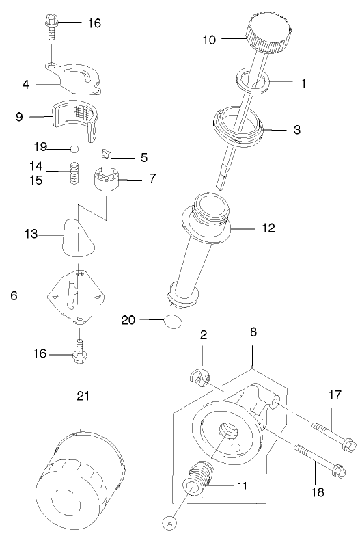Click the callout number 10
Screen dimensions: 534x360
coord(209,40)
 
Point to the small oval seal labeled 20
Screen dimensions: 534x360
coord(174,321)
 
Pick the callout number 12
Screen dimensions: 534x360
coord(268,228)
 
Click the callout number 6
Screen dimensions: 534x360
coord(14,296)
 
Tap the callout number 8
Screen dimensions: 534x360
coord(253,332)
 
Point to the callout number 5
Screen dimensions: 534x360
coord(143,157)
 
